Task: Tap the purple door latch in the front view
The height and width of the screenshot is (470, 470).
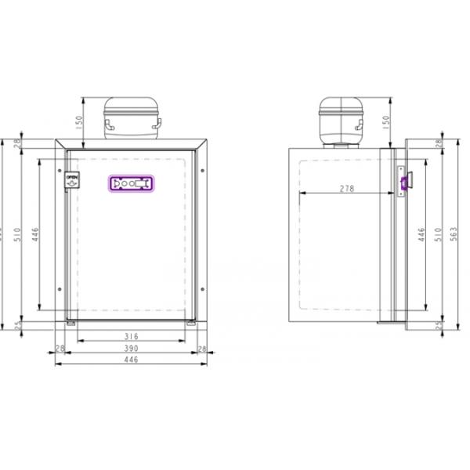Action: tap(131, 183)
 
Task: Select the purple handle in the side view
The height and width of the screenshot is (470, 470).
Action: tap(405, 183)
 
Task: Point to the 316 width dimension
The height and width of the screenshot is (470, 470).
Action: tap(131, 336)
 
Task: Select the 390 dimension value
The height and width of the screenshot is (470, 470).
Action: tap(131, 348)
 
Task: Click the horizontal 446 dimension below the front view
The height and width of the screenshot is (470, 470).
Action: tap(131, 360)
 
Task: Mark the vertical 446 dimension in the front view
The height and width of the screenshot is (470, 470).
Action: tap(34, 234)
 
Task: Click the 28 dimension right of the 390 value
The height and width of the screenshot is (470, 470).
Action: tap(202, 348)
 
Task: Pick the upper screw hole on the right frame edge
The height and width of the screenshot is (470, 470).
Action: tap(203, 171)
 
